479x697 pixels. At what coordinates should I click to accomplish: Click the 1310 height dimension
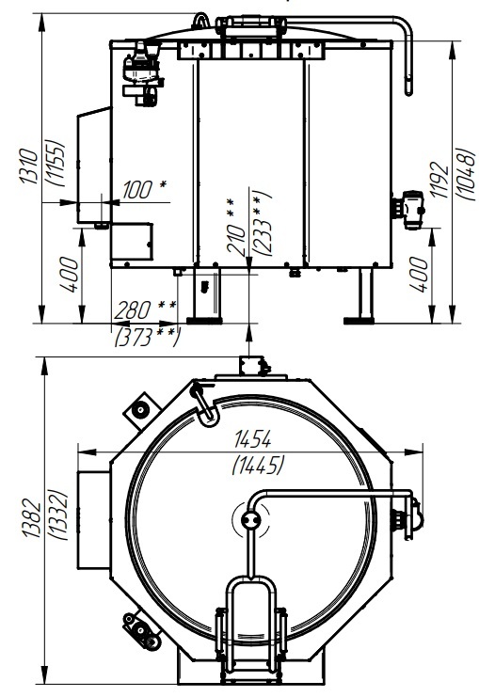[x=29, y=166]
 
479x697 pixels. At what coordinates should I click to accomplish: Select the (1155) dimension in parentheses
[x=56, y=163]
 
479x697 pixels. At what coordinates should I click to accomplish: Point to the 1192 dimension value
[x=439, y=179]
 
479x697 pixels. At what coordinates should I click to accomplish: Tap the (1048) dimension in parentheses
[x=466, y=174]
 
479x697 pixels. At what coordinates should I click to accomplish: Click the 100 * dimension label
[x=144, y=189]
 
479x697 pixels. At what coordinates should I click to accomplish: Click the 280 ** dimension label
[x=145, y=309]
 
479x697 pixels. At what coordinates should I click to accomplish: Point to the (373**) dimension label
[x=147, y=337]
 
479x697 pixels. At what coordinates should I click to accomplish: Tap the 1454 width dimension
[x=252, y=439]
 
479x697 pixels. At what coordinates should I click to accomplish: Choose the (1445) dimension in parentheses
[x=258, y=466]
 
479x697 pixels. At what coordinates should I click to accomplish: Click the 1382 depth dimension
[x=32, y=518]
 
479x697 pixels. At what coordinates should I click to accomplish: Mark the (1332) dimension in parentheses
[x=58, y=515]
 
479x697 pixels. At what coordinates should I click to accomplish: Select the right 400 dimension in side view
[x=418, y=274]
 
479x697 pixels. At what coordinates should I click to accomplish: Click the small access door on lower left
[x=132, y=242]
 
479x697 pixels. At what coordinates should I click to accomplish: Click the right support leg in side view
[x=365, y=295]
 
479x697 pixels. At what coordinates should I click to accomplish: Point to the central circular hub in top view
[x=250, y=519]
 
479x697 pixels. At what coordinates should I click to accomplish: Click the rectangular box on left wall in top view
[x=94, y=519]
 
